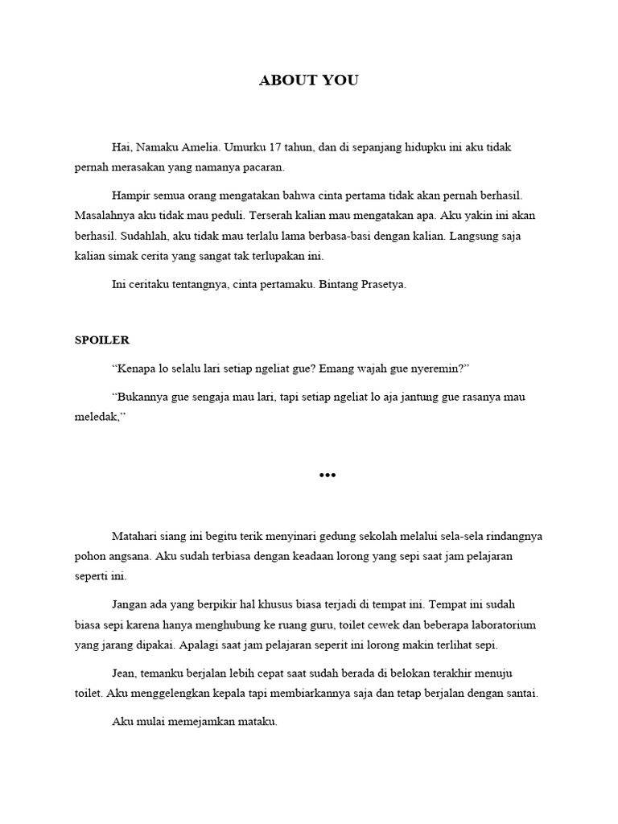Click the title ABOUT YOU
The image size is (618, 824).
coord(308,80)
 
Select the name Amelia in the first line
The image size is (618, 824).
coord(201,148)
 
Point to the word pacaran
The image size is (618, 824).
coord(265,168)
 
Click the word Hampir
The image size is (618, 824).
coord(130,196)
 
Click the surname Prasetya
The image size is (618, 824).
coord(378,284)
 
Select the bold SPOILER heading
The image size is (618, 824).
coord(102,340)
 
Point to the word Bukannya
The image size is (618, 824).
coord(142,397)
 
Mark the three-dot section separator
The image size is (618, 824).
coord(327,475)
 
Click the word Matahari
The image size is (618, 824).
coord(135,537)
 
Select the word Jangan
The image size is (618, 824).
coord(130,604)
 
